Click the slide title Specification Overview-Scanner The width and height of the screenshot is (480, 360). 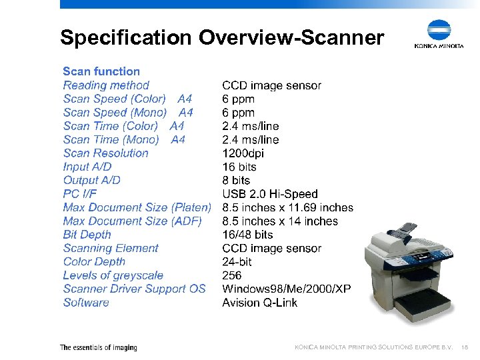221,37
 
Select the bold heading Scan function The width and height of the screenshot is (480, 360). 101,71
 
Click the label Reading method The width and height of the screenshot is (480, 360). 106,85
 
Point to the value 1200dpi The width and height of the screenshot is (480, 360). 243,153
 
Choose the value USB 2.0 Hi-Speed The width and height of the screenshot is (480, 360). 270,194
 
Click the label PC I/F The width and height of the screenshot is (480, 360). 80,194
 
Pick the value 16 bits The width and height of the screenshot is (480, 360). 239,167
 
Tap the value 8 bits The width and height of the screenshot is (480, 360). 236,180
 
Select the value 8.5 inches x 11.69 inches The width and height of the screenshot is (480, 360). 287,207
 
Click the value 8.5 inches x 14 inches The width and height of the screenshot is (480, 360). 280,221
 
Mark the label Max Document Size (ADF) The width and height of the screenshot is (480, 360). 132,221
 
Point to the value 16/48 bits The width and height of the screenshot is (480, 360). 247,235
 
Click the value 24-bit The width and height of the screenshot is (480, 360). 238,262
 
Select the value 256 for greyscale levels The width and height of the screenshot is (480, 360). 232,275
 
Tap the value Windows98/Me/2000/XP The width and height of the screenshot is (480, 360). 286,289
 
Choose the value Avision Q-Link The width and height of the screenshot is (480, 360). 260,303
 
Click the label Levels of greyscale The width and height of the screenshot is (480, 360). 113,275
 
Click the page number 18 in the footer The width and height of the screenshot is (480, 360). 465,347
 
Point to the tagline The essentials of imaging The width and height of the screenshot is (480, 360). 99,347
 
